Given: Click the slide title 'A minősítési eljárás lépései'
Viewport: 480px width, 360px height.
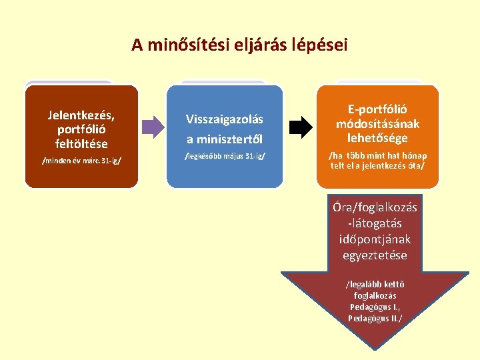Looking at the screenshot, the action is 239,45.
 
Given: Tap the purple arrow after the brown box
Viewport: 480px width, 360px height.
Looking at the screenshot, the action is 153,125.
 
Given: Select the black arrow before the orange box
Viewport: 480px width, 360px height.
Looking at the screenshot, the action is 301,125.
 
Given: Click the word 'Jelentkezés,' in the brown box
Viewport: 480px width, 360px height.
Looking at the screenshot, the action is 81,114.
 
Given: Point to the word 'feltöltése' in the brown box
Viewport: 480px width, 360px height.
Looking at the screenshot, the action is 82,143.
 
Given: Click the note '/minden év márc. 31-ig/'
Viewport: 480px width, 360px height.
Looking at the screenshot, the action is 81,161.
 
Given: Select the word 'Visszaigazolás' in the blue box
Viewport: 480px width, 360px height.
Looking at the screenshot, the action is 225,119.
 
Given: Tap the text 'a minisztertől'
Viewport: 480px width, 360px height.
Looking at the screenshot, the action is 225,139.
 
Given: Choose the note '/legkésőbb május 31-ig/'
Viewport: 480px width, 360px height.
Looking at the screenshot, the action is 225,157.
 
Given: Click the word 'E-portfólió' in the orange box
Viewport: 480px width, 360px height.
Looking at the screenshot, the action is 378,109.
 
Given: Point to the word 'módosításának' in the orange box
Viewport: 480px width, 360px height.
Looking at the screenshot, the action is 378,124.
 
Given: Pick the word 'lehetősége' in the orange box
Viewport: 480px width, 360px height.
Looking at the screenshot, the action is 378,138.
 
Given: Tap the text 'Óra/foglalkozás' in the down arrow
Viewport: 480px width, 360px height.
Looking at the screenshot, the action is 375,207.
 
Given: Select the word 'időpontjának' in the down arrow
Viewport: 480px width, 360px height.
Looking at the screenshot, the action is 375,239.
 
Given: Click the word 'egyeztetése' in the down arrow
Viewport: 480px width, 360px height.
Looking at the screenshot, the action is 375,255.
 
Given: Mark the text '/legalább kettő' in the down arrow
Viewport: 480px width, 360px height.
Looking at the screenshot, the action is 375,285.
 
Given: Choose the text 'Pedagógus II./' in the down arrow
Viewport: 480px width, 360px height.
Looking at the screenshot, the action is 375,318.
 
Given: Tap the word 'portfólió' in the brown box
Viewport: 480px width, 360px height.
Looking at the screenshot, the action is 81,129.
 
